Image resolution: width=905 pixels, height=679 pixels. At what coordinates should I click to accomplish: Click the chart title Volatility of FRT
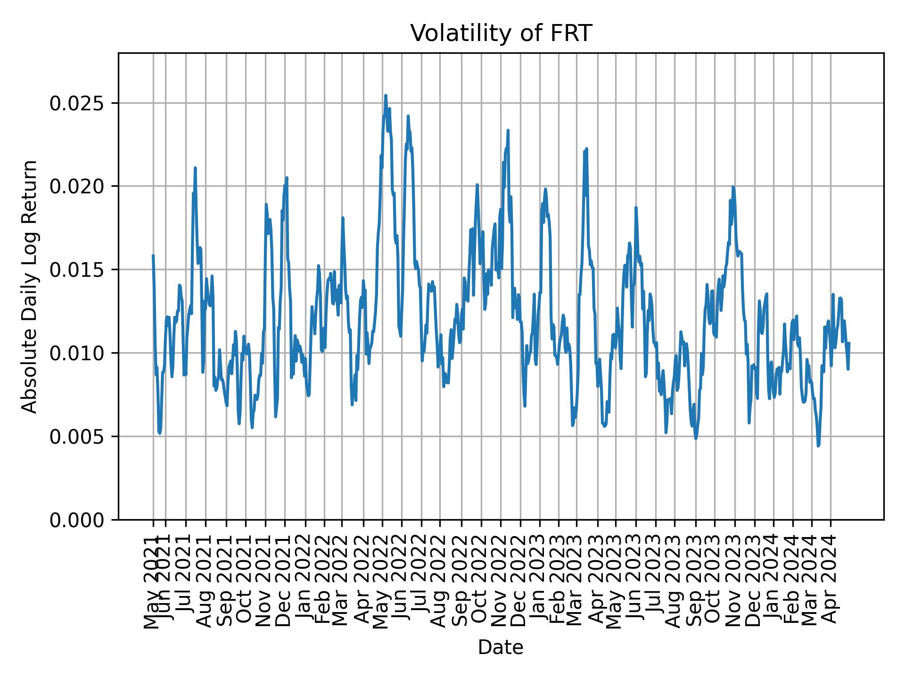[501, 33]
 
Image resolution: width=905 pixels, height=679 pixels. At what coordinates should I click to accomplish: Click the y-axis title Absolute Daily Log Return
[30, 286]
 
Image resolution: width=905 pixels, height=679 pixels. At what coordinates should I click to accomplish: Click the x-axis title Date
[501, 647]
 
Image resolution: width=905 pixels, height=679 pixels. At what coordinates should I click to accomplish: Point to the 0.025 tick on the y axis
[77, 103]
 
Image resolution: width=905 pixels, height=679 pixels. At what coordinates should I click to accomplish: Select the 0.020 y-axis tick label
[77, 186]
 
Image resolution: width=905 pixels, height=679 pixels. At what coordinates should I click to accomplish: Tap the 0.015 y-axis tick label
[77, 270]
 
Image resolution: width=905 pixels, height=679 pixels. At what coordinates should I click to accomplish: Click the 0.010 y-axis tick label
[77, 353]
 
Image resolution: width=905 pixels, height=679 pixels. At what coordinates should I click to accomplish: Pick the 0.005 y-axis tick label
[77, 436]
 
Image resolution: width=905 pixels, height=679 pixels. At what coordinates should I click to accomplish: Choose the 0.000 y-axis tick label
[77, 520]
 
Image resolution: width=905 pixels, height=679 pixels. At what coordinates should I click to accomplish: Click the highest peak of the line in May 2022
[386, 95]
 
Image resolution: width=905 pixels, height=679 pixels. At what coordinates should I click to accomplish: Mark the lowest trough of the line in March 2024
[818, 446]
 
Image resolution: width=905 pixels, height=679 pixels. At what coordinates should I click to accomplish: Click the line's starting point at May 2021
[153, 256]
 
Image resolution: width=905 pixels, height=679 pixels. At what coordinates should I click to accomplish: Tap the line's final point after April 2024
[849, 343]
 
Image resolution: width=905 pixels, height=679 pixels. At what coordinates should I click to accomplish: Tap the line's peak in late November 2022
[508, 130]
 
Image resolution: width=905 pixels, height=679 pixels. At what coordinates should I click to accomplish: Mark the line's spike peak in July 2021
[195, 167]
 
